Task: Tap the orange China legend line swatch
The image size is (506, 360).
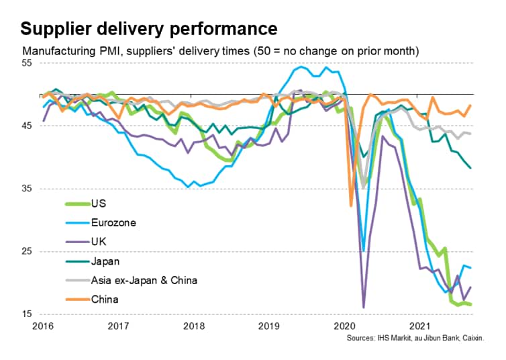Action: point(74,300)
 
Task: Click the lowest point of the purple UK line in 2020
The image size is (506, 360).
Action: point(363,308)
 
